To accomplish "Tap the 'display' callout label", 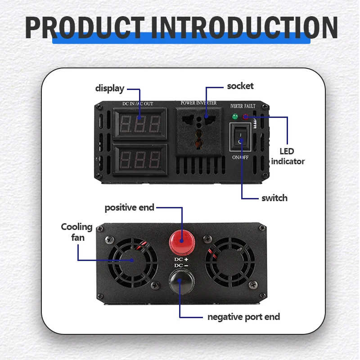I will click(x=109, y=88).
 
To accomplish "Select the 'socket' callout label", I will click(x=240, y=86).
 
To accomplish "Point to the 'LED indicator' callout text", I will click(x=288, y=156).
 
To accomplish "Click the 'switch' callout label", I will click(x=274, y=198).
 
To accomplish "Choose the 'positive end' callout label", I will click(x=129, y=207).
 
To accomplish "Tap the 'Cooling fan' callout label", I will click(x=77, y=232).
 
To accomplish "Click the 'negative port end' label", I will click(x=243, y=317).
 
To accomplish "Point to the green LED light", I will click(x=234, y=117).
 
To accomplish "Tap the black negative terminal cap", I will click(x=181, y=283).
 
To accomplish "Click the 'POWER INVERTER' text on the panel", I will click(x=198, y=103).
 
